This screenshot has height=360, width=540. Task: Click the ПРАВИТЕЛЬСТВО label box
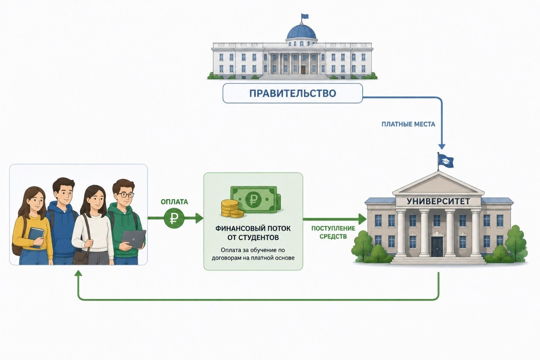point(292,93)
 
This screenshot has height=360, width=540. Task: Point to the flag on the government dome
point(304,16)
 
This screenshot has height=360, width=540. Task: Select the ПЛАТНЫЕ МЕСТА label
point(409,124)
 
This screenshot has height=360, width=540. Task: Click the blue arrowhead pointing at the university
point(441,146)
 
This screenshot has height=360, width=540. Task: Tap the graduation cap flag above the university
point(446,161)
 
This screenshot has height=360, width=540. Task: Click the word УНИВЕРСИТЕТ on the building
point(438,201)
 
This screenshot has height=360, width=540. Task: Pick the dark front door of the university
point(437,247)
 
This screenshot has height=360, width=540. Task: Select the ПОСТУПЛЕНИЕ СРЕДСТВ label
point(333,232)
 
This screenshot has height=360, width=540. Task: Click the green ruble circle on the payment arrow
point(174,218)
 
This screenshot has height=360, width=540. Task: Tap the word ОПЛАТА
point(174,202)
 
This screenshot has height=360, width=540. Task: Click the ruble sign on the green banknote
point(253,199)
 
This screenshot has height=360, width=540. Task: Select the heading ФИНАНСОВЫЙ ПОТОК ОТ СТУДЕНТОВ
point(253,233)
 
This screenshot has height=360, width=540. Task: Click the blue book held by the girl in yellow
point(36,238)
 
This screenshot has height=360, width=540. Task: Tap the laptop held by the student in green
point(134,238)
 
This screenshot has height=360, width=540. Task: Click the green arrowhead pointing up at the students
point(79,273)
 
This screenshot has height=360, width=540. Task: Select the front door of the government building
point(303,69)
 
